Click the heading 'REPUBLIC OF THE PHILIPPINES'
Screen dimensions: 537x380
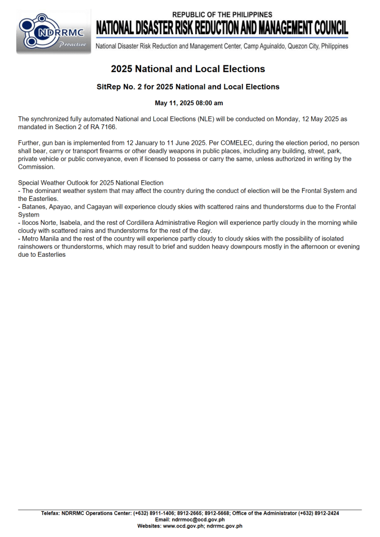[x=222, y=15]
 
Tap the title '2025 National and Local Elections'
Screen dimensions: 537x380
[x=188, y=69]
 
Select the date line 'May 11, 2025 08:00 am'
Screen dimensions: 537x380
[x=189, y=103]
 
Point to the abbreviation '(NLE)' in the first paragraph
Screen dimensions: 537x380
[x=206, y=120]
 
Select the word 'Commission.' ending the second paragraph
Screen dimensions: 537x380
[x=37, y=167]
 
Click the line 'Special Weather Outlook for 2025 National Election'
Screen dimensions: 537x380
[x=91, y=183]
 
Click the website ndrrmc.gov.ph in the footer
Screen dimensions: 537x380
[x=224, y=526]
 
